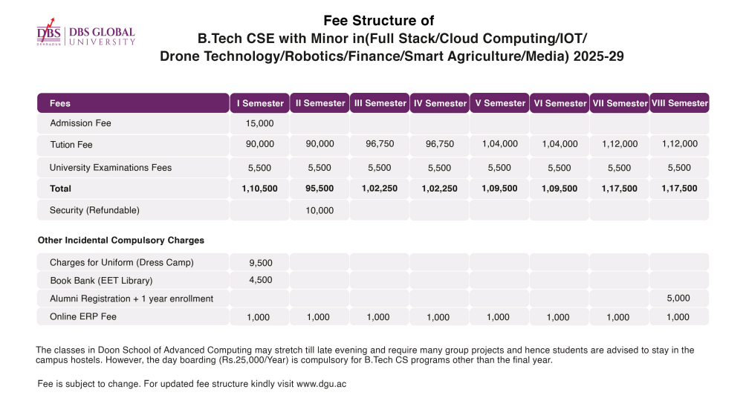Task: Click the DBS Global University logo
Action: point(86,36)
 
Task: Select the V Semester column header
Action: point(499,103)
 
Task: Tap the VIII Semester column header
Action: point(679,103)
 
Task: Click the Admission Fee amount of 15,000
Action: point(259,123)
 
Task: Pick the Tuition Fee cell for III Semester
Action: point(379,144)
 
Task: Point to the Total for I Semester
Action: point(259,189)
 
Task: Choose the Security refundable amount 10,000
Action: point(320,210)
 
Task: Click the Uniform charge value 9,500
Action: point(259,262)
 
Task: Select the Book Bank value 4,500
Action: point(259,280)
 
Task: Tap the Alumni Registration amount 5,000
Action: point(678,299)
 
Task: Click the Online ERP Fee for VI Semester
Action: point(558,317)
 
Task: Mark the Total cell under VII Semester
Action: point(619,189)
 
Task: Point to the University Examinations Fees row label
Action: point(111,168)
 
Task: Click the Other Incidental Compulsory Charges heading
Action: point(121,241)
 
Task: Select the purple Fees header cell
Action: point(133,103)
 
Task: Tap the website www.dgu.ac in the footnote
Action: point(322,384)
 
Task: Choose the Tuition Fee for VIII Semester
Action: point(679,144)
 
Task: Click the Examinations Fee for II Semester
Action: point(320,168)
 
